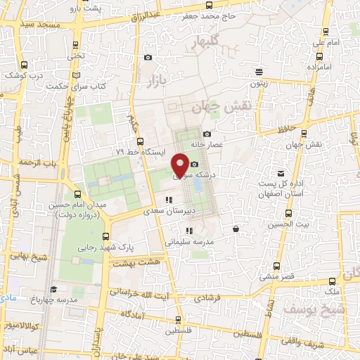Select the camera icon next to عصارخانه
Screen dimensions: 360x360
[x=207, y=134]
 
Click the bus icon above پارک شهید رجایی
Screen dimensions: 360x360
[x=105, y=236]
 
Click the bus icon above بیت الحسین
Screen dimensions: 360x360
[x=288, y=213]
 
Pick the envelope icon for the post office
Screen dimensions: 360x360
[x=281, y=173]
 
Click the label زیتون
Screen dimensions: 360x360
[x=260, y=82]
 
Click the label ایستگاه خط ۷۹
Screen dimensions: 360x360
[x=140, y=151]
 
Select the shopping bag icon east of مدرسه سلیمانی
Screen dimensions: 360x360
[x=235, y=229]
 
